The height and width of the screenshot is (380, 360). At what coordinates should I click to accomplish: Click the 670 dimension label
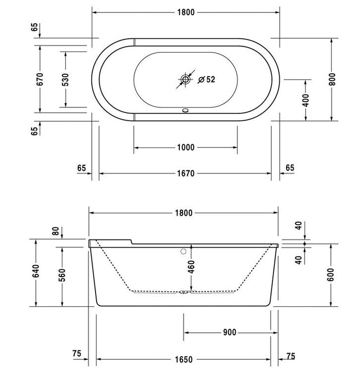(x=40, y=79)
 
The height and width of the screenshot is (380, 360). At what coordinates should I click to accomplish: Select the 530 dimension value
(x=65, y=80)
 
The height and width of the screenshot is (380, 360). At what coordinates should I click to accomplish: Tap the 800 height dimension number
(x=332, y=79)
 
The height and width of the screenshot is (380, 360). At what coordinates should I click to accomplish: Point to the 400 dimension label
(x=306, y=100)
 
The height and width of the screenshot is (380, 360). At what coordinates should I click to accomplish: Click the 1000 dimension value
(x=186, y=147)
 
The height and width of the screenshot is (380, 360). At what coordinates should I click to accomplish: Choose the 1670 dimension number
(x=186, y=174)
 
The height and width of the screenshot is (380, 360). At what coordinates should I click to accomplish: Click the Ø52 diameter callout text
(x=206, y=79)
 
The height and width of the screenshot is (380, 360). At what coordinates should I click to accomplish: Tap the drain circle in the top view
(x=186, y=79)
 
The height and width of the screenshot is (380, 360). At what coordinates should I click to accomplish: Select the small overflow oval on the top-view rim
(x=186, y=110)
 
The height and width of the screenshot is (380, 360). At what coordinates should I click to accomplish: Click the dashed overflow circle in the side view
(x=183, y=251)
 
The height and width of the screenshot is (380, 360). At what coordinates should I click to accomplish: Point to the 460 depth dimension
(x=192, y=267)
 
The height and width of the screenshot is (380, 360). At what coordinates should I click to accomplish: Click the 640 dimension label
(x=36, y=271)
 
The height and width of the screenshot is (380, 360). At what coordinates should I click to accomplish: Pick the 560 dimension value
(x=62, y=275)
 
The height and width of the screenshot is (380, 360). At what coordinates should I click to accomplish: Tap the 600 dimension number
(x=330, y=275)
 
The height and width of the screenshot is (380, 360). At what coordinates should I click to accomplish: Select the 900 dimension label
(x=229, y=332)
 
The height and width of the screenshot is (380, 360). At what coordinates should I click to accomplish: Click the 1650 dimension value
(x=184, y=359)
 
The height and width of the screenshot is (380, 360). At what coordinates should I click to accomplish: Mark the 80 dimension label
(x=55, y=231)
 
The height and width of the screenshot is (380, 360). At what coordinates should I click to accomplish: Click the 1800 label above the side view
(x=184, y=213)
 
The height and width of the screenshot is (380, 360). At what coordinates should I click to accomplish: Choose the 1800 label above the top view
(x=186, y=12)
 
